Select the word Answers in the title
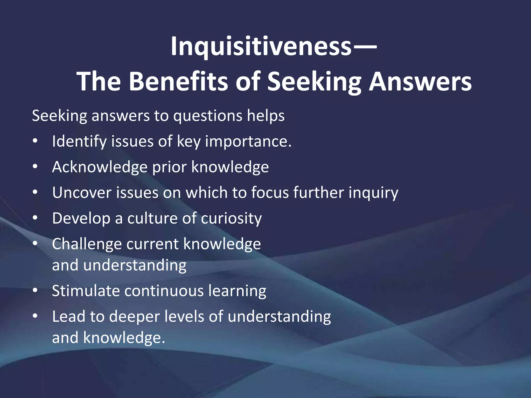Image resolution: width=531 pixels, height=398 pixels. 420,81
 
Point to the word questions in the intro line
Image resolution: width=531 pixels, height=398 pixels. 208,116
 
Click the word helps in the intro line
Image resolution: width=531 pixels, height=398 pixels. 265,116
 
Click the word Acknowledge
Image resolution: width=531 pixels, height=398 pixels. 100,167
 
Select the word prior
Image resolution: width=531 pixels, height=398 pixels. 169,167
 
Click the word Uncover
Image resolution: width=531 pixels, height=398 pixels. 82,193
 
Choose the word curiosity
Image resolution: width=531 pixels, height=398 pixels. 231,218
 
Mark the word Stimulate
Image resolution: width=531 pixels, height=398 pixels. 86,291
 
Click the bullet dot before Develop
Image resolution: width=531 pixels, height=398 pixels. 35,218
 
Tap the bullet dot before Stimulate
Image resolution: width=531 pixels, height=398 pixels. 35,291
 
